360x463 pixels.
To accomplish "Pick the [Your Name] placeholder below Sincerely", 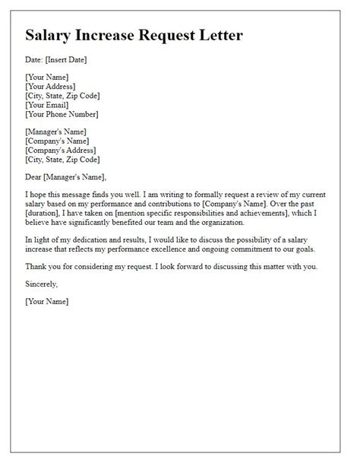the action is pyautogui.click(x=46, y=301).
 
